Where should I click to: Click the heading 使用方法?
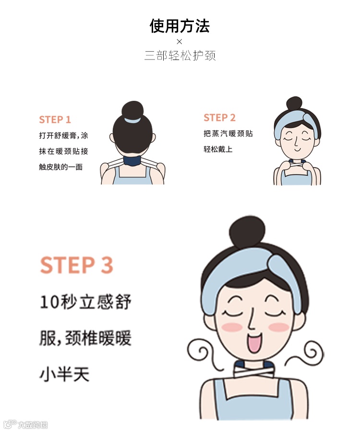coord(180,26)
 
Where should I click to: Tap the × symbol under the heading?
coord(180,42)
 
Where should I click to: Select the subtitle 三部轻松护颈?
coord(180,55)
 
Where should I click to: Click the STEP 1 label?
coord(55,120)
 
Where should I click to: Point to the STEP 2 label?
coord(219,118)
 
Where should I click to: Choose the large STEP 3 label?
coord(77,265)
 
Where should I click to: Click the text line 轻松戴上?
coord(218,149)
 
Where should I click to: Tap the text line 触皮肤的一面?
coord(60,167)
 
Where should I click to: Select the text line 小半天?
coord(65,374)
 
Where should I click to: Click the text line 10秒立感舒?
coord(85,302)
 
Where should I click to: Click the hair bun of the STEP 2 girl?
coord(294,103)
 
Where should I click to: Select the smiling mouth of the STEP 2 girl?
coord(298,150)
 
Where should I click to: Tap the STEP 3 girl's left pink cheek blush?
coord(232,327)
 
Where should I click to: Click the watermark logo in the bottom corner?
coord(25,424)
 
